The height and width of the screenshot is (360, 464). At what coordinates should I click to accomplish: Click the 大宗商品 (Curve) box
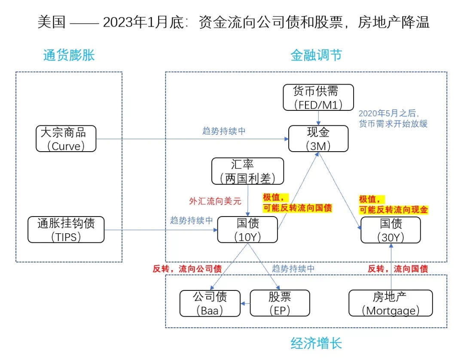(x=66, y=138)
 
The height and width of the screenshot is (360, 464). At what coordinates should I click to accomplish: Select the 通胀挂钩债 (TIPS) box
(x=66, y=229)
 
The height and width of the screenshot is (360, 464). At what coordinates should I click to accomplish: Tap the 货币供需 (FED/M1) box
(x=318, y=98)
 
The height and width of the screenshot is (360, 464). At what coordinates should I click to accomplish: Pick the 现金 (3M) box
(x=318, y=138)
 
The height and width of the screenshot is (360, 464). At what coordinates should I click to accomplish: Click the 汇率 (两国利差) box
(x=248, y=171)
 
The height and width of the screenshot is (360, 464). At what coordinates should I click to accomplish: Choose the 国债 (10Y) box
(x=248, y=229)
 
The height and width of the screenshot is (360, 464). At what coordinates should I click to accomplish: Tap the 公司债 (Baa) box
(x=210, y=303)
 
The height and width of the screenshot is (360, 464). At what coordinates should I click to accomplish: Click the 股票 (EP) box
(x=280, y=303)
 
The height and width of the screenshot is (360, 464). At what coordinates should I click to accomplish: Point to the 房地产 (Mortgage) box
(x=391, y=303)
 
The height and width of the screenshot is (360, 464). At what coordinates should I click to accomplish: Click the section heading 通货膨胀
(x=69, y=55)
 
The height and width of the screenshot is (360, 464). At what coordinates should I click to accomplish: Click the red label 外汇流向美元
(x=215, y=201)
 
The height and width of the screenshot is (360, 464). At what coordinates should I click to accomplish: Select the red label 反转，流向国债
(x=397, y=269)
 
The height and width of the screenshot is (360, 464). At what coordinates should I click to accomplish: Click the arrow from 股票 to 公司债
(x=245, y=304)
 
